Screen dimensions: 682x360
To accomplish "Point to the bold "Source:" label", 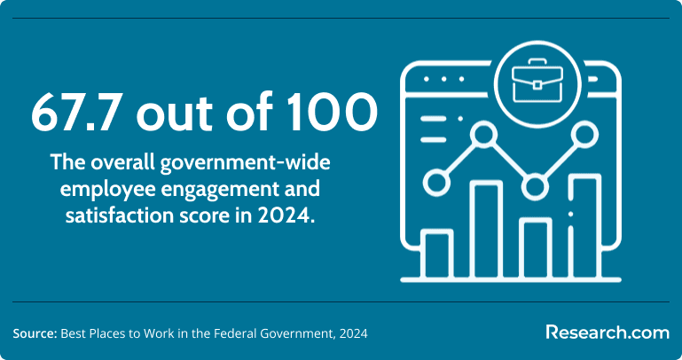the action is [x=35, y=334].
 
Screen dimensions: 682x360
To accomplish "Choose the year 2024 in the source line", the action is [x=355, y=334].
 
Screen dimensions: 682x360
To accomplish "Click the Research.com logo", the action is [x=608, y=333].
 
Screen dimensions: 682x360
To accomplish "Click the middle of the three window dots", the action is [x=444, y=79].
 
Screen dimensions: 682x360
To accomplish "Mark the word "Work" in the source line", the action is [x=162, y=334].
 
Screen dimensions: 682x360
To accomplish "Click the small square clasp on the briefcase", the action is [x=537, y=84].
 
